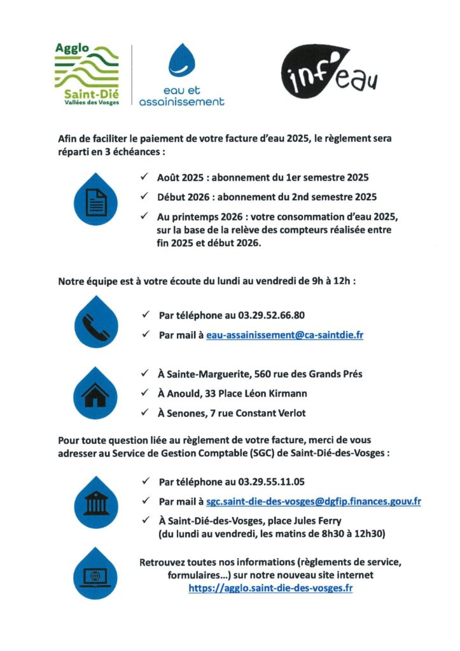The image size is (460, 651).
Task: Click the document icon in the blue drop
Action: [96, 201]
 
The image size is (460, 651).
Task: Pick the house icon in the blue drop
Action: [96, 394]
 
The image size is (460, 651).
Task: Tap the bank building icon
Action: [96, 502]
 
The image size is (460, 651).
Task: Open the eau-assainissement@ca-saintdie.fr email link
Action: [284, 334]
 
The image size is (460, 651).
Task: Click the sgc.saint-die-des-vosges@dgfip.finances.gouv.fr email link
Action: [313, 502]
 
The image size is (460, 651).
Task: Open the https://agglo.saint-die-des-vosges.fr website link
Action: [270, 588]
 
